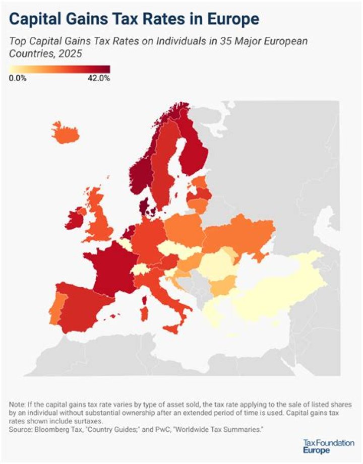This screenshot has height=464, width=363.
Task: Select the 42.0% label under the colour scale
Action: click(x=98, y=78)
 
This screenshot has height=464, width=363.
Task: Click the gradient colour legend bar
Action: click(x=59, y=69)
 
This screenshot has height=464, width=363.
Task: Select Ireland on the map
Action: click(x=75, y=218)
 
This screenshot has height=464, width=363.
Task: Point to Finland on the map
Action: click(x=194, y=146)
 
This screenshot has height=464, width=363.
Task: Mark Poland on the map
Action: click(x=184, y=229)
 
